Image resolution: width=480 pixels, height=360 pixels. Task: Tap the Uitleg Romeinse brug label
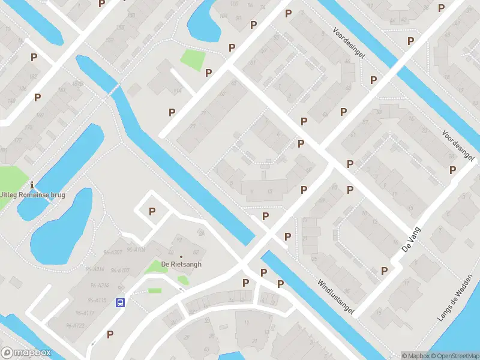point(32,194)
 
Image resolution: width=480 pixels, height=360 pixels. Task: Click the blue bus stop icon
point(121,302)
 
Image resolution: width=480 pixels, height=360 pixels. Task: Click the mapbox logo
point(26,353)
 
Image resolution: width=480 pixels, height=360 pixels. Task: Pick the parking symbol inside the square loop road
point(152,211)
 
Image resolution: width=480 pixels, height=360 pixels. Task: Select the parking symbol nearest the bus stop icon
point(110,334)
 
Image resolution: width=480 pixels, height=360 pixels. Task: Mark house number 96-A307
point(112,251)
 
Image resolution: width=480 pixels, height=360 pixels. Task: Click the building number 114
point(177,91)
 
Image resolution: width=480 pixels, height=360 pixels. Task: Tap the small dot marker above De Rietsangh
point(181,239)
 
